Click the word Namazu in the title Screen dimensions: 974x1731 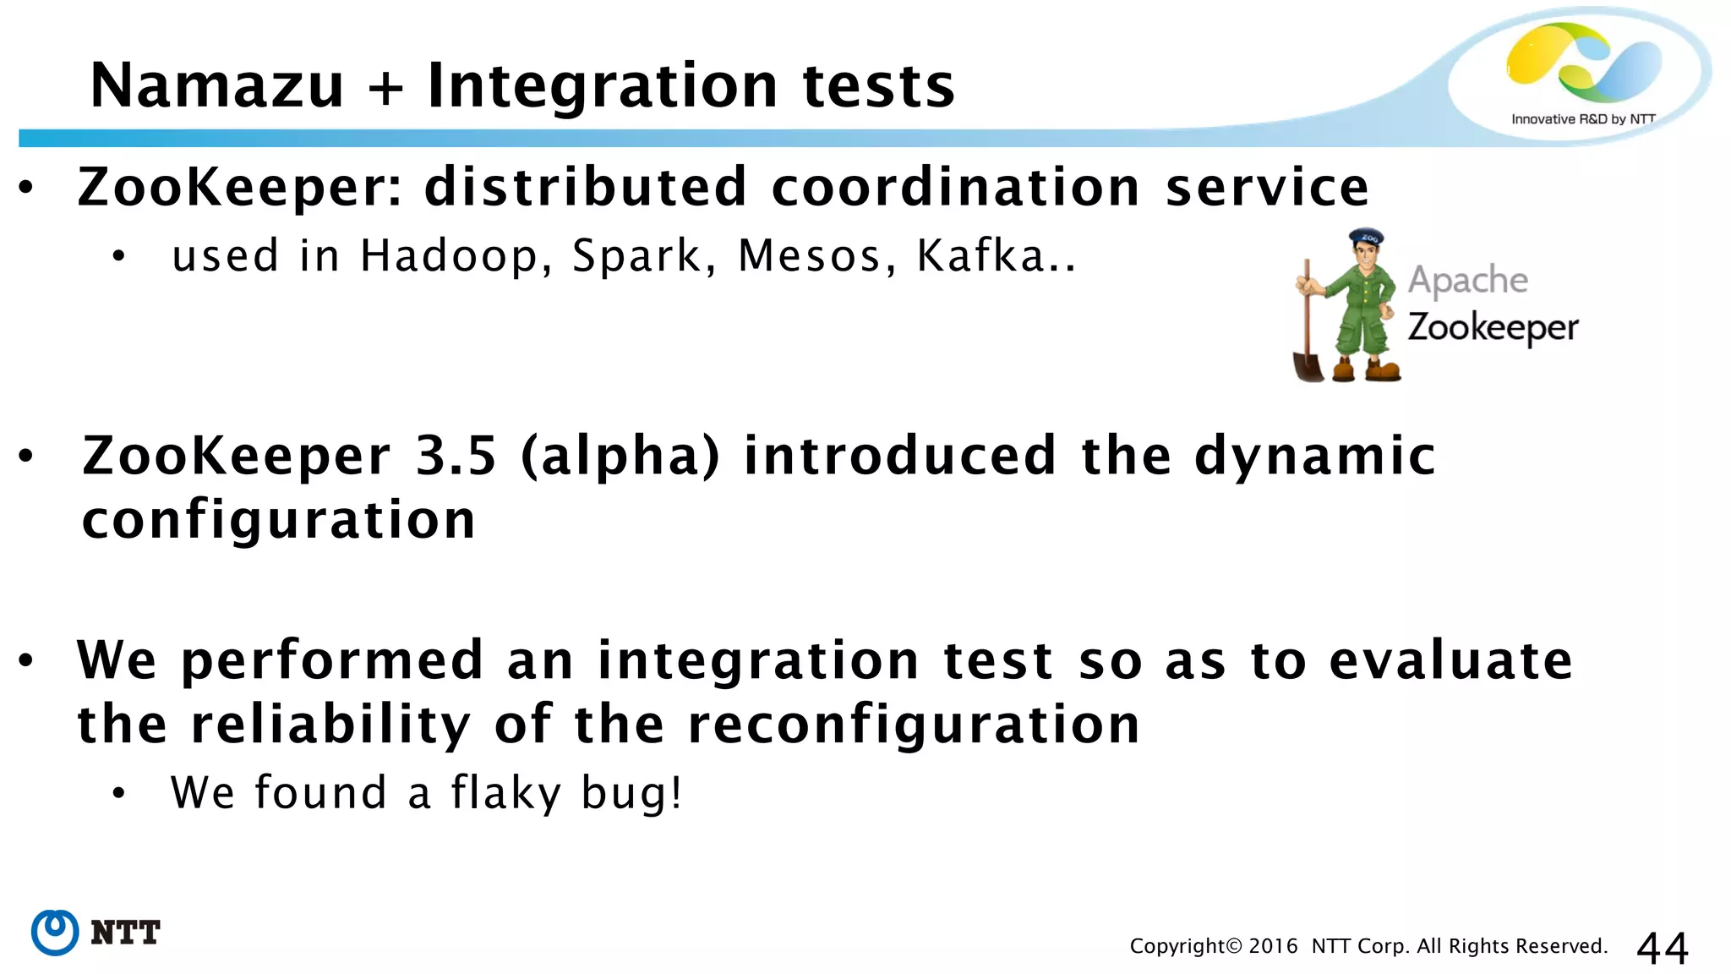click(217, 86)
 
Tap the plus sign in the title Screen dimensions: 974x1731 click(386, 88)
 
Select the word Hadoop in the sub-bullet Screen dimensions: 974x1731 click(449, 255)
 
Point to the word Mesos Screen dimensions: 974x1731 click(810, 255)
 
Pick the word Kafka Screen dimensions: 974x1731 click(981, 255)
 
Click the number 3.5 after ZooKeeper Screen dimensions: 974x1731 click(456, 456)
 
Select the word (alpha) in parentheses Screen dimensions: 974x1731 click(620, 457)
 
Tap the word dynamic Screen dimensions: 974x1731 click(1314, 456)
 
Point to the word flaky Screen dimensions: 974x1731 click(505, 793)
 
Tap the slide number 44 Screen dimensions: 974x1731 click(1662, 947)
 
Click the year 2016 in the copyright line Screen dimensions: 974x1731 click(1273, 946)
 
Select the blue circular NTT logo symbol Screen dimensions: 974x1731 click(55, 933)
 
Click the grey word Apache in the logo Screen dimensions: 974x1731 click(1467, 280)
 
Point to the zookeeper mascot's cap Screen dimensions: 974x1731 click(1366, 237)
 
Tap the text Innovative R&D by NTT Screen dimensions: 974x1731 click(1582, 119)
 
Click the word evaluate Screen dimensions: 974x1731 click(1450, 660)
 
